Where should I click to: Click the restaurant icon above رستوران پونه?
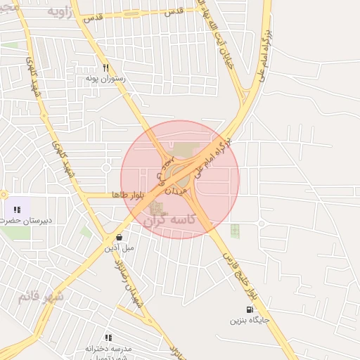[105, 68]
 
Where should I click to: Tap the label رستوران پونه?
[105, 79]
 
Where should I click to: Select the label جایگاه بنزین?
[248, 320]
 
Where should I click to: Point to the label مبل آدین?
[120, 247]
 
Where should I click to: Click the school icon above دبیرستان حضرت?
[17, 210]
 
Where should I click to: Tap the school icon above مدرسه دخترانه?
[108, 337]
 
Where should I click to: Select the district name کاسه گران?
[169, 220]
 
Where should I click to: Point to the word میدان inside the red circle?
[177, 188]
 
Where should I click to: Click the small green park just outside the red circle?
[235, 230]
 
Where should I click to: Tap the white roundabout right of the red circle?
[261, 224]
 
